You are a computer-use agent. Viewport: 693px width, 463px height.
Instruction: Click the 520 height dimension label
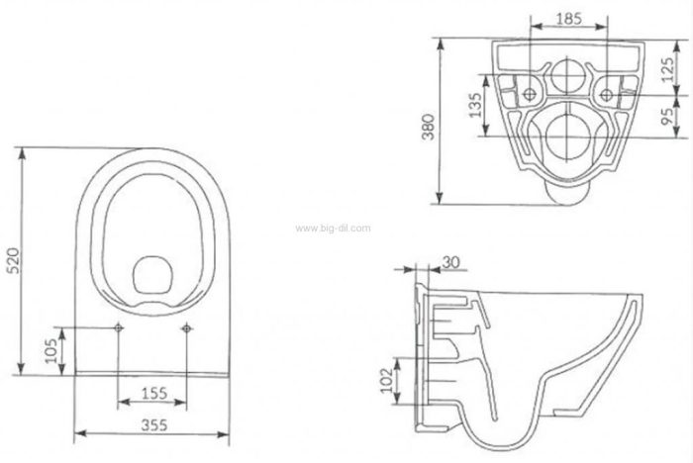point(15,260)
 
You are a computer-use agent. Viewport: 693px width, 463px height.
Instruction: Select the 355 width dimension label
point(154,425)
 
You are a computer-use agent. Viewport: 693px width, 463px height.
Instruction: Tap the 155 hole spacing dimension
point(153,393)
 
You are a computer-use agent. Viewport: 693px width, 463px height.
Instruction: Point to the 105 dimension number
point(51,350)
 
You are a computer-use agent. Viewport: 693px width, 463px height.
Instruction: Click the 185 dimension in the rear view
point(569,19)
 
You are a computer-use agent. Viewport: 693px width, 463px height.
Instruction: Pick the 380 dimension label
point(428,127)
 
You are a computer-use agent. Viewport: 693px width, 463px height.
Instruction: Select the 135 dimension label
point(475,105)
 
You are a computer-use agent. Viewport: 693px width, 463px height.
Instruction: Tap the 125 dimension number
point(668,69)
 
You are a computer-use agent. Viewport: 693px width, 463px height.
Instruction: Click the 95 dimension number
point(668,116)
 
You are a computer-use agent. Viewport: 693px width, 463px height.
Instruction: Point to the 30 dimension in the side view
point(450,262)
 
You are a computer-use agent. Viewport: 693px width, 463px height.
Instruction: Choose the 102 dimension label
point(386,380)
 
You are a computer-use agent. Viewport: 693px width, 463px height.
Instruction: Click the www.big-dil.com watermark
point(333,229)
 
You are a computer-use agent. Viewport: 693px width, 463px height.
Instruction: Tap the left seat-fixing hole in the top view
point(119,327)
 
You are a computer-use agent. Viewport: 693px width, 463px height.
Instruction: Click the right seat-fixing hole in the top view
point(186,327)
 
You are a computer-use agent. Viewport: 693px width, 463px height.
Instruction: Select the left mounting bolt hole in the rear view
point(530,94)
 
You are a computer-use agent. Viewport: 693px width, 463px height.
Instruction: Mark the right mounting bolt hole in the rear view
point(606,94)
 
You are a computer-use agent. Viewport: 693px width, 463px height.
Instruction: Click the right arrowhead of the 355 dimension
point(224,434)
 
